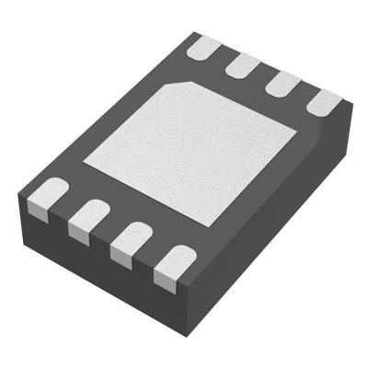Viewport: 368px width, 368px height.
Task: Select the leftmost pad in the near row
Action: click(43, 199)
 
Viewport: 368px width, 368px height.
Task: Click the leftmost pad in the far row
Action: click(205, 45)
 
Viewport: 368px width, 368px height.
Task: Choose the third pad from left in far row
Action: click(283, 84)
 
